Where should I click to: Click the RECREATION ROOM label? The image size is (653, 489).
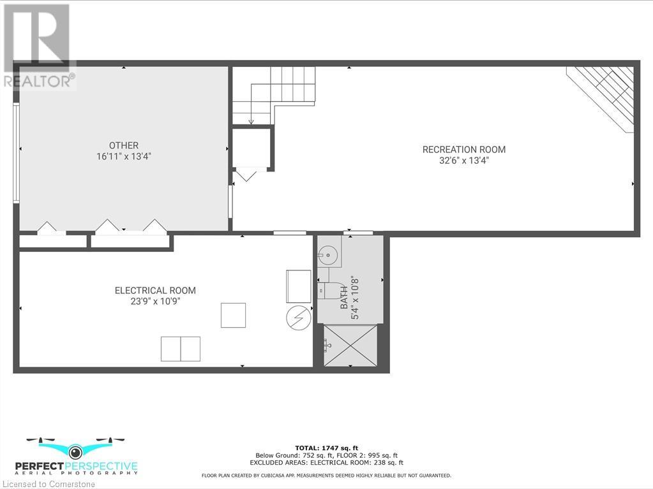tap(463, 150)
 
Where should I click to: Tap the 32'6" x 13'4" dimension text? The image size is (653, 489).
tap(463, 161)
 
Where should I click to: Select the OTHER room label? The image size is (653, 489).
tap(123, 145)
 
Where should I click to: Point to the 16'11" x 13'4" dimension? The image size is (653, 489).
tap(123, 156)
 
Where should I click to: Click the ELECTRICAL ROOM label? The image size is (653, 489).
tap(155, 291)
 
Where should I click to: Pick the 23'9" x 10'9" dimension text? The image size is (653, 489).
tap(155, 302)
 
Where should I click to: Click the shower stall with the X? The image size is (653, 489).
tap(350, 345)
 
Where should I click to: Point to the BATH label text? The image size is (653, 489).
tap(345, 298)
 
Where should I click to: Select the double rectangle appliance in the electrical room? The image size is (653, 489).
tap(181, 349)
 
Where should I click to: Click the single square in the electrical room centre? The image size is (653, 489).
tap(233, 315)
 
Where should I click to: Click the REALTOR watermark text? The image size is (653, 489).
tap(38, 81)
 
